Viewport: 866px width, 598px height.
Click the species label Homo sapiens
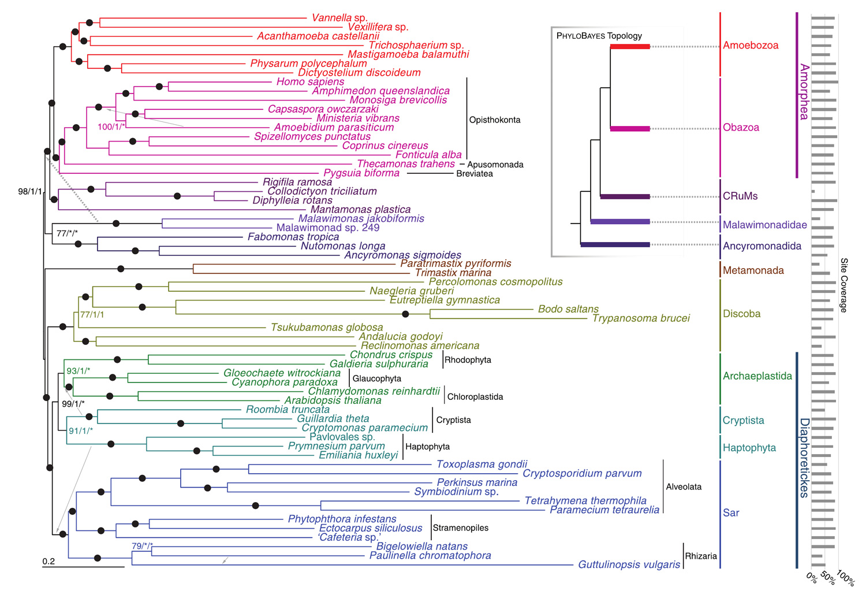tap(310, 81)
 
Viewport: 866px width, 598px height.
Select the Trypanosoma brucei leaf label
tap(641, 318)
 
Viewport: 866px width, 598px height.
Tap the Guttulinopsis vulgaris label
tap(629, 564)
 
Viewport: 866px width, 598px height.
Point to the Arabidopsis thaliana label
tap(333, 400)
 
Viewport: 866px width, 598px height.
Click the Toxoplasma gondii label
tap(481, 464)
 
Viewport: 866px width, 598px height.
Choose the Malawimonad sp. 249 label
tap(328, 228)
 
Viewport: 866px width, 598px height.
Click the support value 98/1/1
tap(30, 191)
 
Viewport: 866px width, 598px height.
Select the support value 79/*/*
tap(142, 546)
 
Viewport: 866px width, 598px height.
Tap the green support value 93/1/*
tap(79, 371)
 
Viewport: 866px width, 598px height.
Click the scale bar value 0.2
tap(48, 561)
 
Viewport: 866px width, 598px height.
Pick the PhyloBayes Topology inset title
tap(599, 36)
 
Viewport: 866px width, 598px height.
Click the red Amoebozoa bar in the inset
tap(630, 47)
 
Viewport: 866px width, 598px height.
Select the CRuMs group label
tap(740, 196)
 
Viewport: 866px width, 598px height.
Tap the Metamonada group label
tap(753, 270)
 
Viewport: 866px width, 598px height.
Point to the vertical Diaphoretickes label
tap(804, 458)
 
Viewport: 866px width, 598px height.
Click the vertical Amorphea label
tap(804, 92)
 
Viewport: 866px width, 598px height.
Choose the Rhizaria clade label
tap(701, 556)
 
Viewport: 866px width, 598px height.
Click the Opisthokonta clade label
tap(494, 120)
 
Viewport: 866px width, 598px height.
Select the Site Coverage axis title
tap(843, 285)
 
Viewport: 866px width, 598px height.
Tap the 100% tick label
tap(846, 578)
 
